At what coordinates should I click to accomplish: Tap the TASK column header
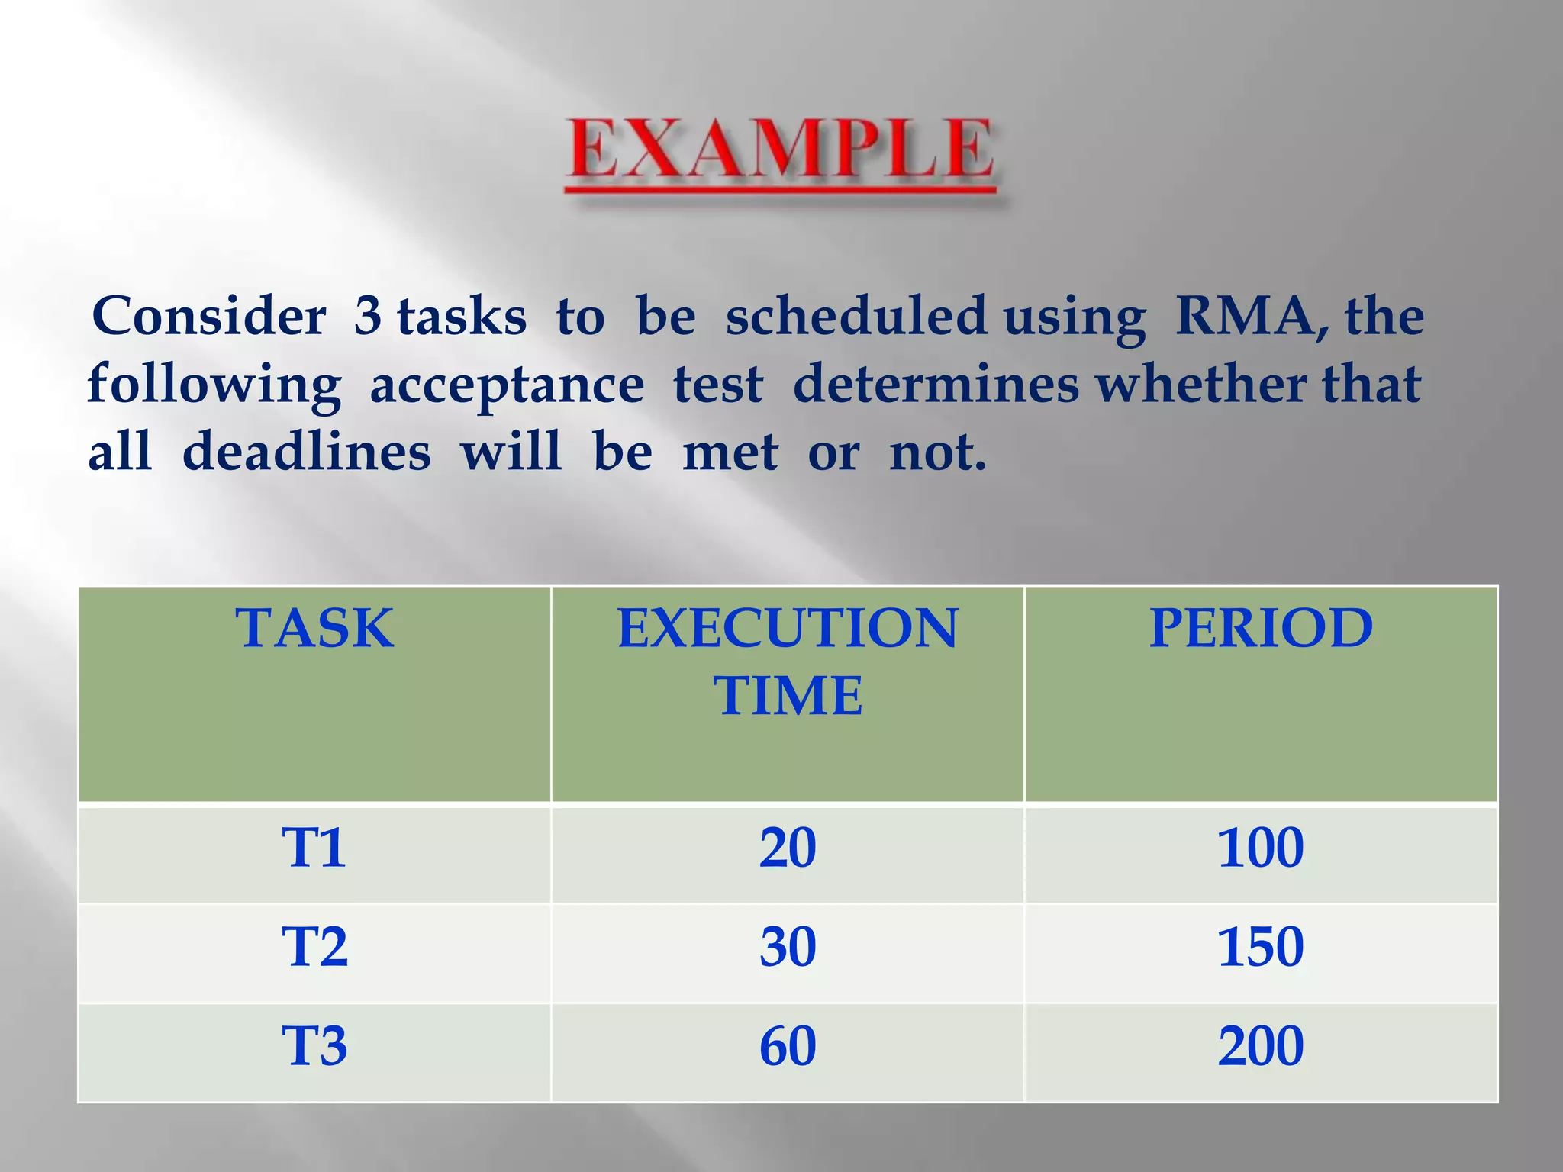click(x=314, y=628)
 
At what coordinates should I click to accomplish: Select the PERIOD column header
click(x=1261, y=628)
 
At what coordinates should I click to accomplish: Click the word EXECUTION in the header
click(x=788, y=628)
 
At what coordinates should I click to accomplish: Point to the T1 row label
click(x=314, y=848)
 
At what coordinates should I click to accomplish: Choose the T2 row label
click(x=314, y=947)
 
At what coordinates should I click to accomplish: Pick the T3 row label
click(x=314, y=1046)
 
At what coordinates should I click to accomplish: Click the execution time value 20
click(x=788, y=848)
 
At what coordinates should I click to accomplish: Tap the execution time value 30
click(x=788, y=947)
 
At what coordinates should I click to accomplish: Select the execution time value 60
click(x=788, y=1046)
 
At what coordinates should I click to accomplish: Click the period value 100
click(x=1260, y=848)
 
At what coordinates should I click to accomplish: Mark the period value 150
click(x=1260, y=947)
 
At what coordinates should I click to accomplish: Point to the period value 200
click(x=1260, y=1046)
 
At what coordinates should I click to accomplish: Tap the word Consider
click(x=208, y=316)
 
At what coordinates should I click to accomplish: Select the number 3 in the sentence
click(x=367, y=316)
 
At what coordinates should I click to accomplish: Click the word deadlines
click(x=306, y=452)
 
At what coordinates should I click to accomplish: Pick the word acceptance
click(x=507, y=385)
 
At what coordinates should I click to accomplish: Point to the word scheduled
click(x=856, y=316)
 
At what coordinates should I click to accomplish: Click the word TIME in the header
click(x=788, y=696)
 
